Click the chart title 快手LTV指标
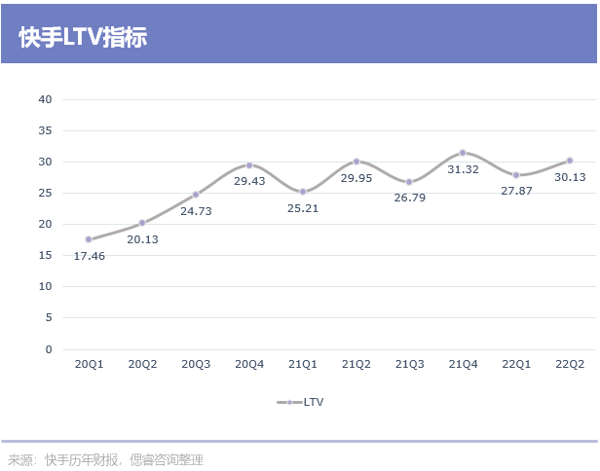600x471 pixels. [83, 37]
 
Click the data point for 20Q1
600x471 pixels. [89, 239]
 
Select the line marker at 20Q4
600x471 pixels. [249, 165]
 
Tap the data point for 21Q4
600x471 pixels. [463, 153]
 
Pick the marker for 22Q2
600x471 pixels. [570, 161]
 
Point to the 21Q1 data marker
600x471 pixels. [303, 192]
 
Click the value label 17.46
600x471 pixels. [90, 255]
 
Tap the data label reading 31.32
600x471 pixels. [462, 169]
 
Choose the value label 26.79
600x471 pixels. [410, 198]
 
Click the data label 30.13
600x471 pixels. [570, 177]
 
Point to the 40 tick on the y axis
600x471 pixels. [45, 99]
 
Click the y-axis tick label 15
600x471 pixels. [45, 255]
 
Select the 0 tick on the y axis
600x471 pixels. [48, 348]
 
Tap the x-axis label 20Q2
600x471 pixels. [142, 364]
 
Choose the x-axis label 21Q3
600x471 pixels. [410, 364]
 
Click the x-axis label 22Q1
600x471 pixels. [516, 364]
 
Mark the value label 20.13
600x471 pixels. [142, 239]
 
